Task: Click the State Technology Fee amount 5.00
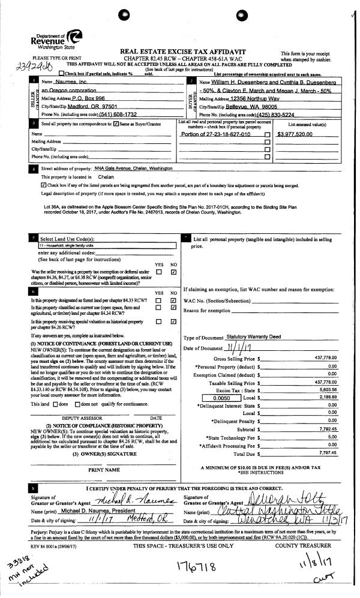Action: [x=328, y=437]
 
